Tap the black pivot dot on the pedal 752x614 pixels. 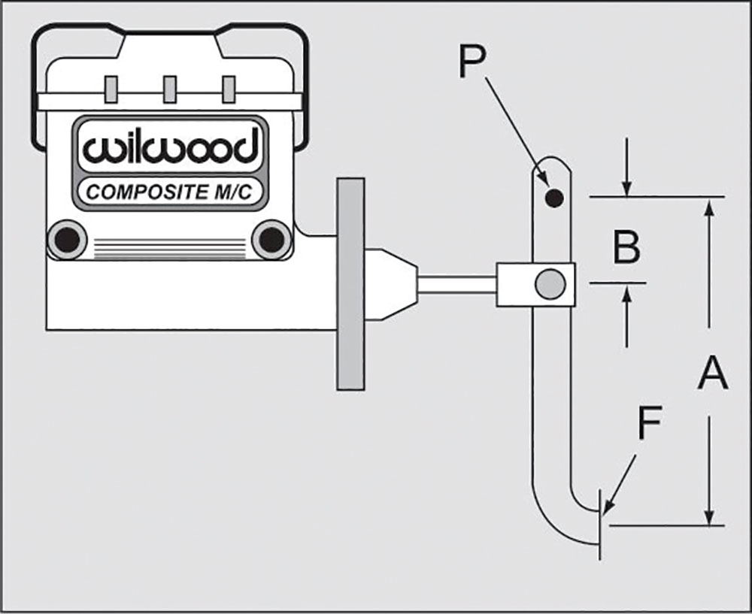tap(554, 197)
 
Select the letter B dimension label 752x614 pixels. tap(627, 247)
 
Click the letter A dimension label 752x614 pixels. tap(713, 373)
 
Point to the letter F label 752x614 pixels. tap(650, 423)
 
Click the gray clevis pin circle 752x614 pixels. tap(550, 284)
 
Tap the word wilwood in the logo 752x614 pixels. tap(170, 147)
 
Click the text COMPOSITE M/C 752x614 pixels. tap(168, 192)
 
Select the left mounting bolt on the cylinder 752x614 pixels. tap(67, 239)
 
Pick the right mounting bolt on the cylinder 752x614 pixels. tap(271, 239)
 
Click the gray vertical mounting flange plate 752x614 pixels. tap(350, 284)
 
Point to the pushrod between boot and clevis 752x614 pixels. tap(457, 285)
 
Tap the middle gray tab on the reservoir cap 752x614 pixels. tap(170, 89)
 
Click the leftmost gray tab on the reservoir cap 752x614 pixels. tap(111, 89)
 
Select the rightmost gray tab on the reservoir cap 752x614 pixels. tap(229, 89)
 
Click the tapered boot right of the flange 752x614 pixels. tap(390, 284)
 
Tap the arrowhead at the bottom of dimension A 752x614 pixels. tap(711, 517)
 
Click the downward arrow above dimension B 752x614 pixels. tap(626, 168)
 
